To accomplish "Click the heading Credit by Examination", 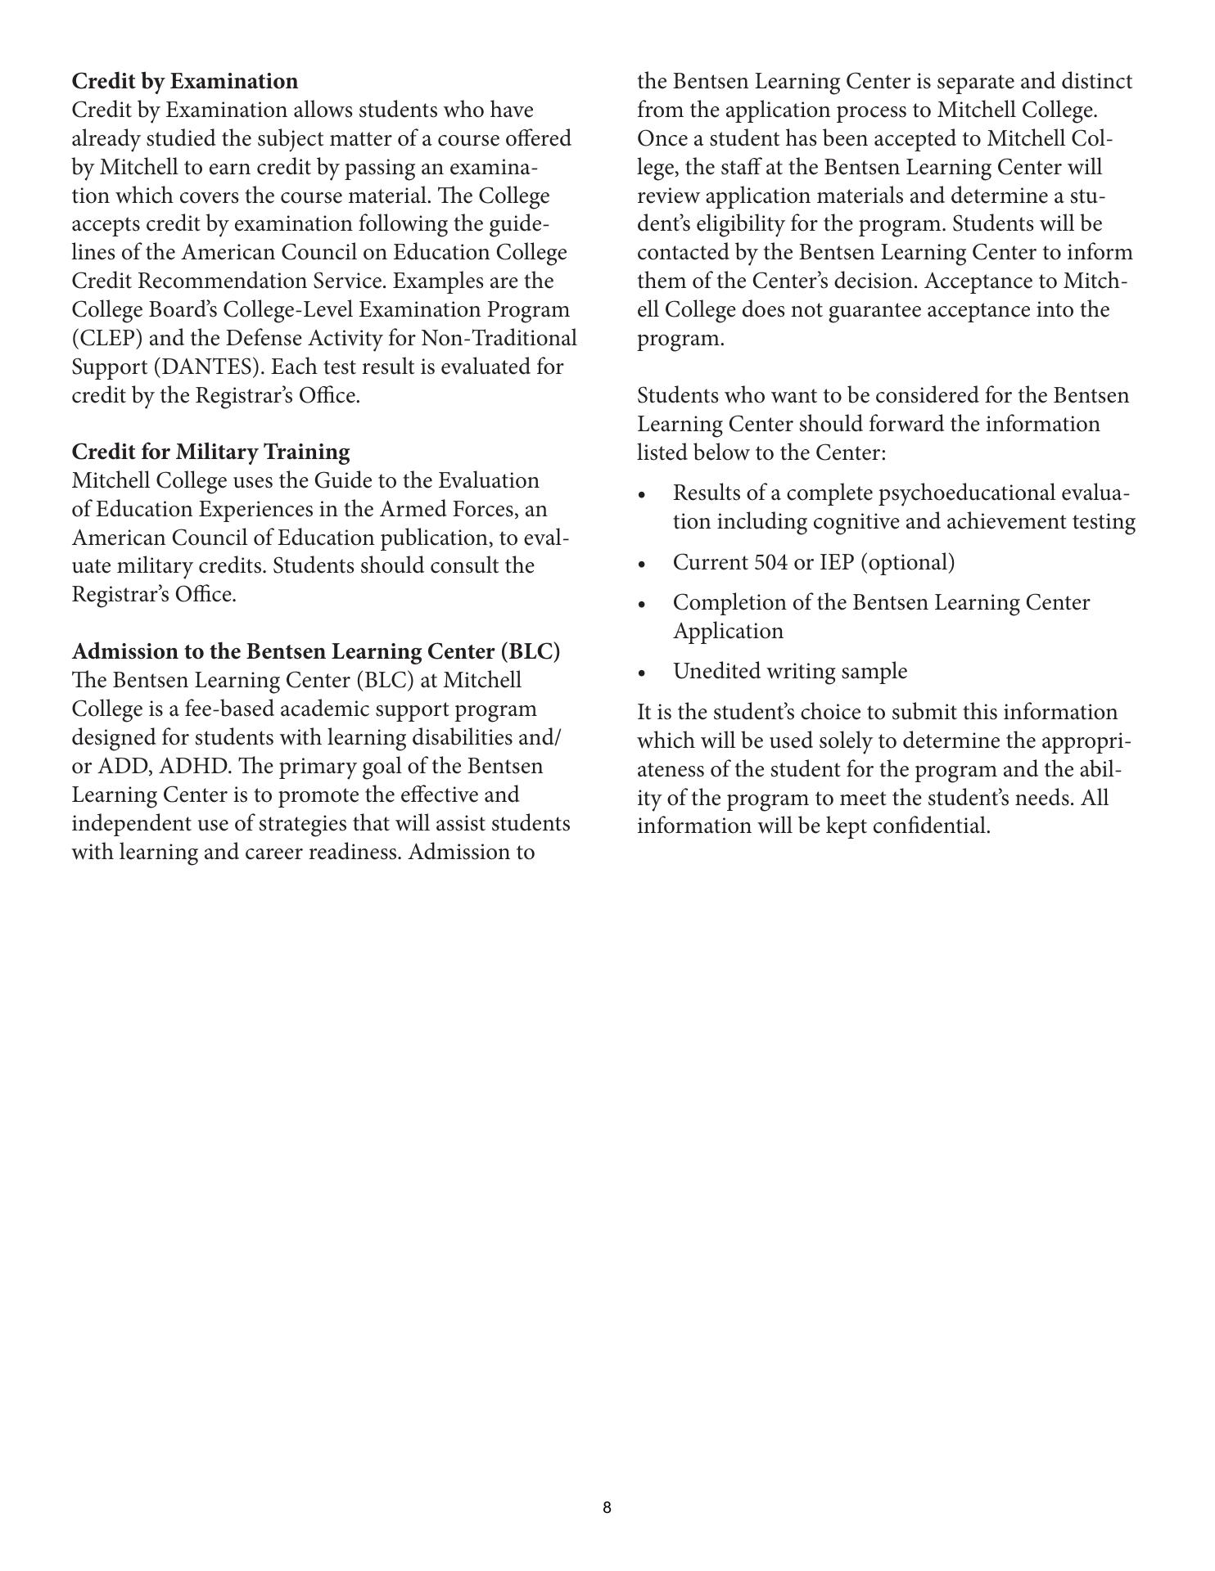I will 185,82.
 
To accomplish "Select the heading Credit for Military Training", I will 210,452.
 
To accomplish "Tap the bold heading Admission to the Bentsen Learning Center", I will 316,652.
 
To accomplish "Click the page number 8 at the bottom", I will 607,1508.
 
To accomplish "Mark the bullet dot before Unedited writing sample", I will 643,673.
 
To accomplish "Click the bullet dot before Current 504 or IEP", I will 643,565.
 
